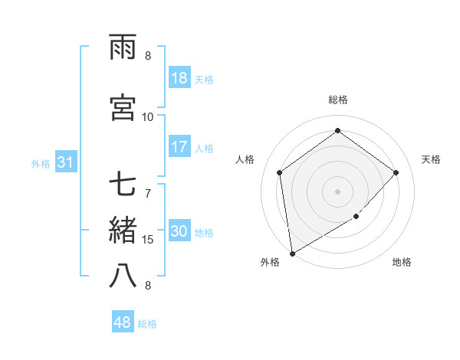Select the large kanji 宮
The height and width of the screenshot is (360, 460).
click(123, 107)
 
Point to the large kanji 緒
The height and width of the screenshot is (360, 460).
click(123, 231)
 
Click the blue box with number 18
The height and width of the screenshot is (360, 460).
click(179, 79)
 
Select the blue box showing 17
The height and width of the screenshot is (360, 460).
click(179, 148)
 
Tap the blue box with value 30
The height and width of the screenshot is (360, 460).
click(179, 232)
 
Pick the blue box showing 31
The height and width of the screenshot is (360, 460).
click(65, 163)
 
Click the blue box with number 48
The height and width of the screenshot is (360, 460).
click(123, 323)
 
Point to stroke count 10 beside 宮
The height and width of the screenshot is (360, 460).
click(148, 117)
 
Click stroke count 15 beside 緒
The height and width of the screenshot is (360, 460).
click(148, 240)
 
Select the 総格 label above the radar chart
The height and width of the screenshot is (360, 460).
click(337, 100)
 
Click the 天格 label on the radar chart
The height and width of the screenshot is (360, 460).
click(431, 159)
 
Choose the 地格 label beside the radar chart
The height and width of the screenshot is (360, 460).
click(402, 263)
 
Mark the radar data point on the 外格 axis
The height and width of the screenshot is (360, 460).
click(292, 253)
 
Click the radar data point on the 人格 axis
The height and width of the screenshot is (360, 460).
click(280, 172)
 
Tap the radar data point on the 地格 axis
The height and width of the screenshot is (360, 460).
click(356, 217)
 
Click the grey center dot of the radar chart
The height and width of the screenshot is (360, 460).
click(337, 191)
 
